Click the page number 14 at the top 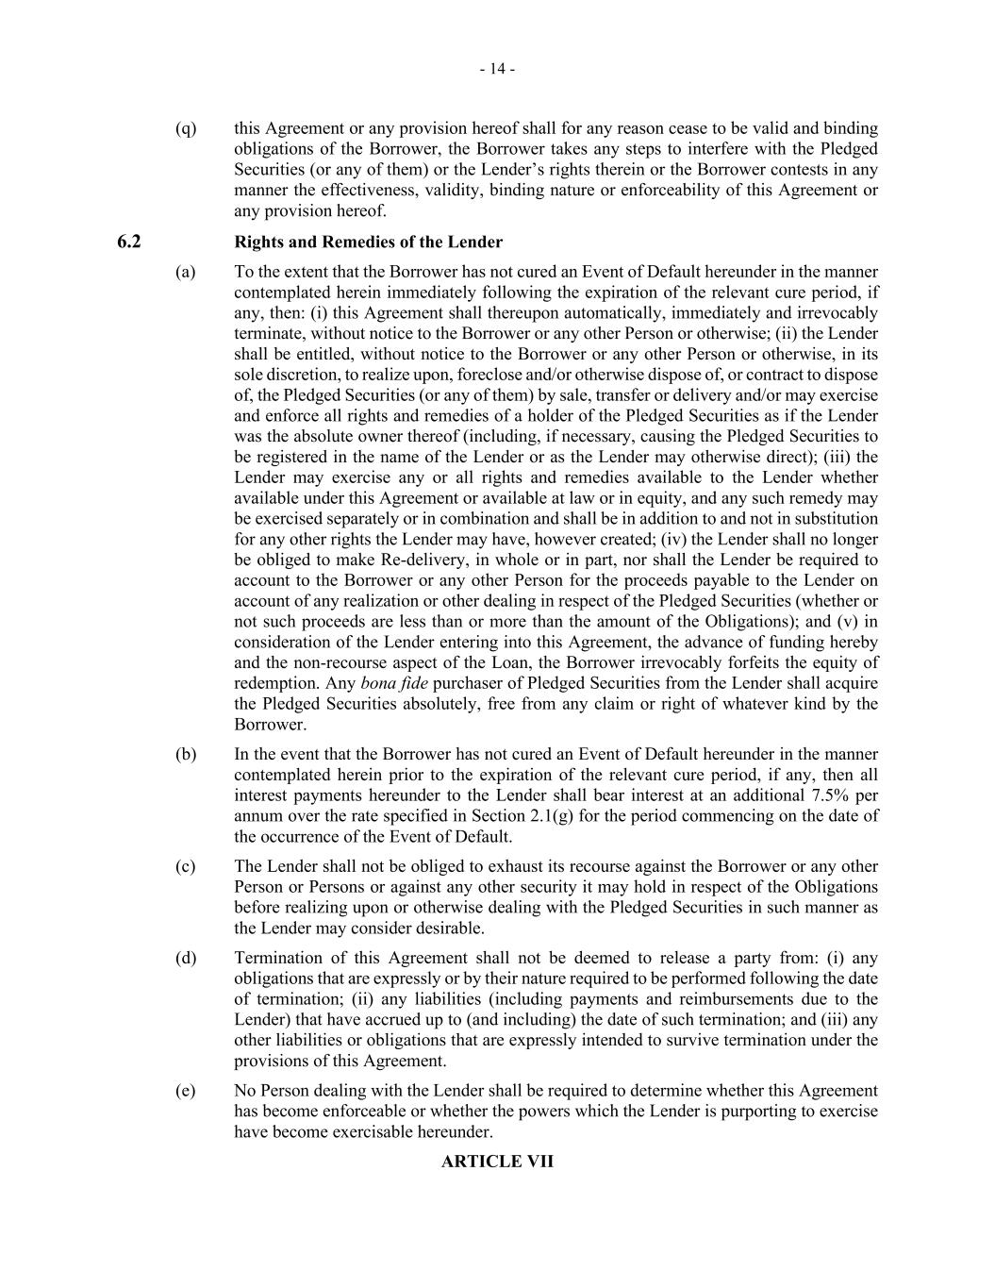(x=496, y=69)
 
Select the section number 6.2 (x=129, y=242)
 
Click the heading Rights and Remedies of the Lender (x=368, y=242)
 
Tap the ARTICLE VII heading (x=497, y=1162)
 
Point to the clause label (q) (x=186, y=128)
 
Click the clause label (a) (x=186, y=272)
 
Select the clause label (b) (x=186, y=754)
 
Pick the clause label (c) (x=186, y=866)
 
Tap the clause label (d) (x=186, y=958)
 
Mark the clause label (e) (x=186, y=1091)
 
